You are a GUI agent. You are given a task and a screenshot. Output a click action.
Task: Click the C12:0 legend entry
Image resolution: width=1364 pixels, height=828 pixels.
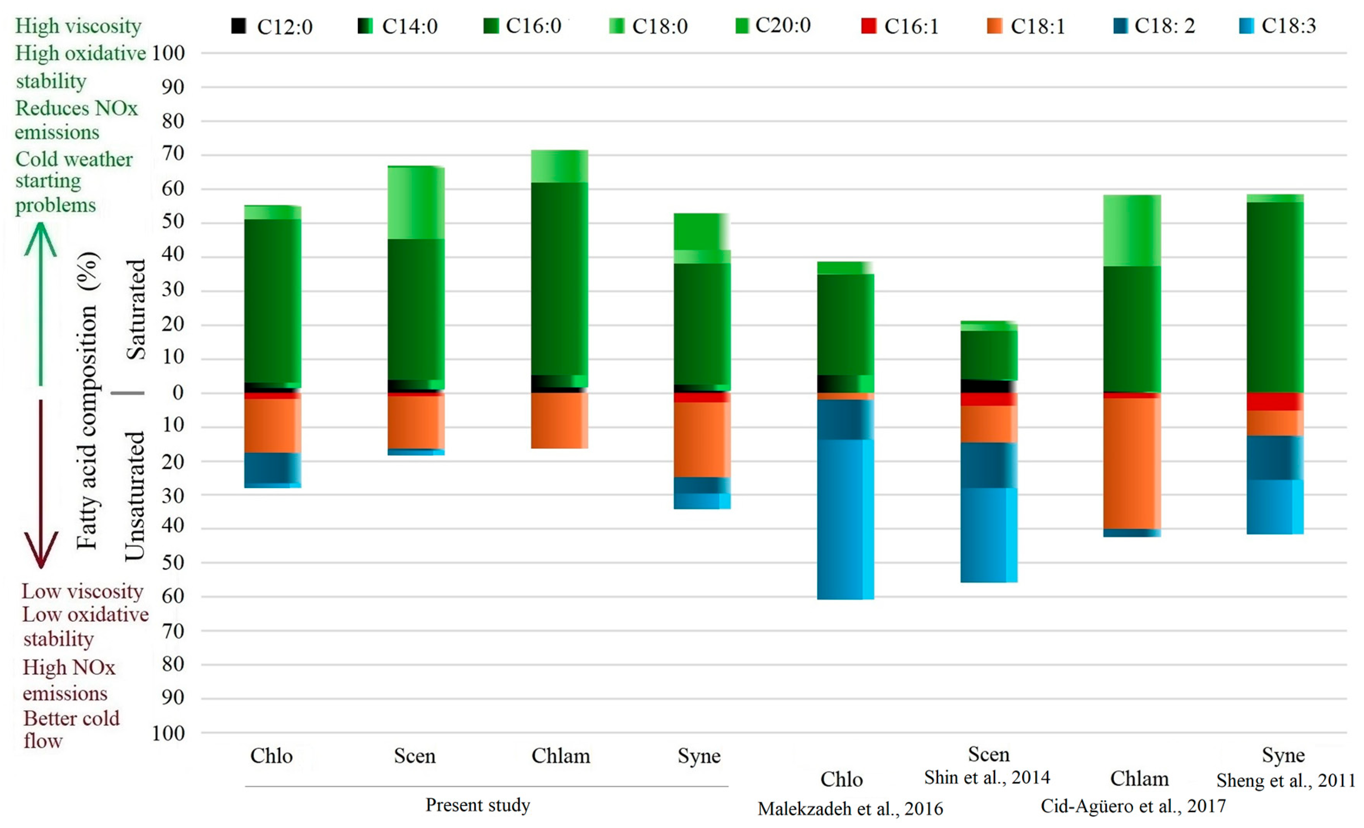[x=271, y=26]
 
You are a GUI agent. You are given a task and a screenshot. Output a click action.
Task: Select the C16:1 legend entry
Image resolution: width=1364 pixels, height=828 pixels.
[x=900, y=26]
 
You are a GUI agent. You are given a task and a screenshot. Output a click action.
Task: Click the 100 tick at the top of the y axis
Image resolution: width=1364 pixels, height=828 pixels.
[x=168, y=53]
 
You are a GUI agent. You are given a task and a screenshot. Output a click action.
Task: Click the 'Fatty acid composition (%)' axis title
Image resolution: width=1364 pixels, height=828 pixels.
[x=88, y=400]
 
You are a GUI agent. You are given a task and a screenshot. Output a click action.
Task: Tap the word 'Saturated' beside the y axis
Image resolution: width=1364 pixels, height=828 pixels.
[x=136, y=309]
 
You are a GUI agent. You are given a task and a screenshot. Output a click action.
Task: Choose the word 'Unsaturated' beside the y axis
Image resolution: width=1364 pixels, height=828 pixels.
[x=135, y=496]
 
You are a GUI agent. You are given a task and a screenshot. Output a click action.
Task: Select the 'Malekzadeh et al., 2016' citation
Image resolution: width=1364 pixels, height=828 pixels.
[x=850, y=809]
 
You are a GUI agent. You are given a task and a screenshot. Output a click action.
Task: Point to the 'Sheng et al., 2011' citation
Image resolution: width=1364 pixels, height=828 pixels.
[x=1285, y=780]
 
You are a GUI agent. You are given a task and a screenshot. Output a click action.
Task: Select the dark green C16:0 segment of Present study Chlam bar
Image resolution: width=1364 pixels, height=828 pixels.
[x=560, y=278]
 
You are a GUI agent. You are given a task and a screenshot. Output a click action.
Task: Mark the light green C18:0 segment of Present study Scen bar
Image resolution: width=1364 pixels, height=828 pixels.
[x=416, y=203]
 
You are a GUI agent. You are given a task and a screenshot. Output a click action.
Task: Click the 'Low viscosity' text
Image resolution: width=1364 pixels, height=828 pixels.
[x=82, y=591]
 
